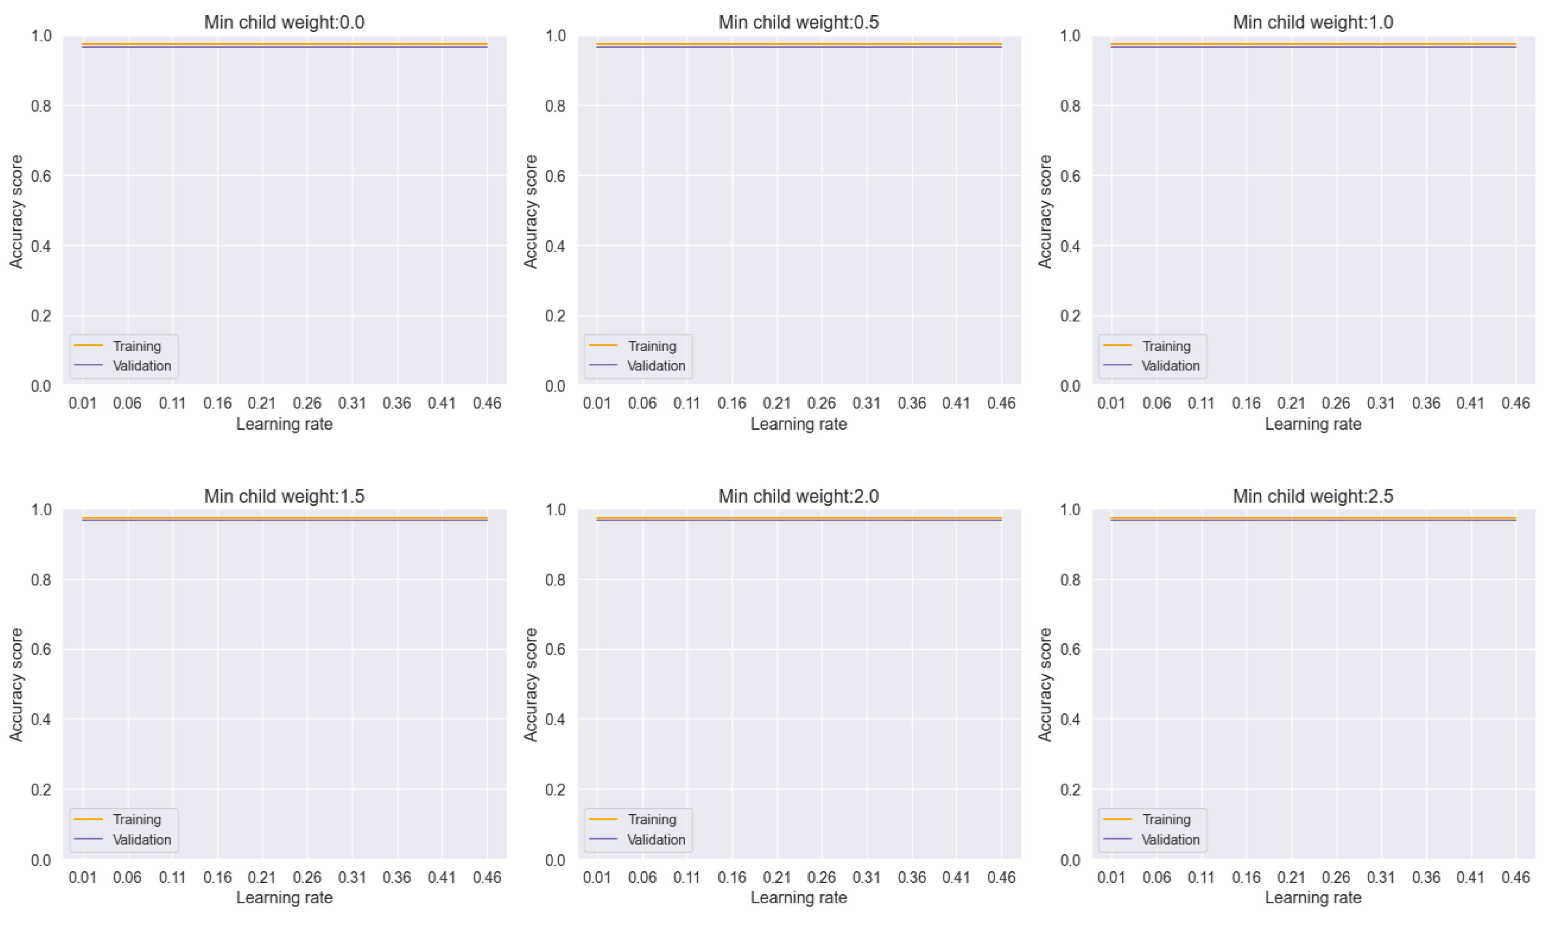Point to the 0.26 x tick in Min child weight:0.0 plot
(x=307, y=403)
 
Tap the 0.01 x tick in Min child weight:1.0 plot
(x=1111, y=403)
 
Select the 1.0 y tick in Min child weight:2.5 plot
(x=1070, y=509)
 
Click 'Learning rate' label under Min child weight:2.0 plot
(x=798, y=897)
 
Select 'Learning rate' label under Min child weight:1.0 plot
(x=1313, y=424)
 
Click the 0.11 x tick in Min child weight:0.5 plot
(x=686, y=403)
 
